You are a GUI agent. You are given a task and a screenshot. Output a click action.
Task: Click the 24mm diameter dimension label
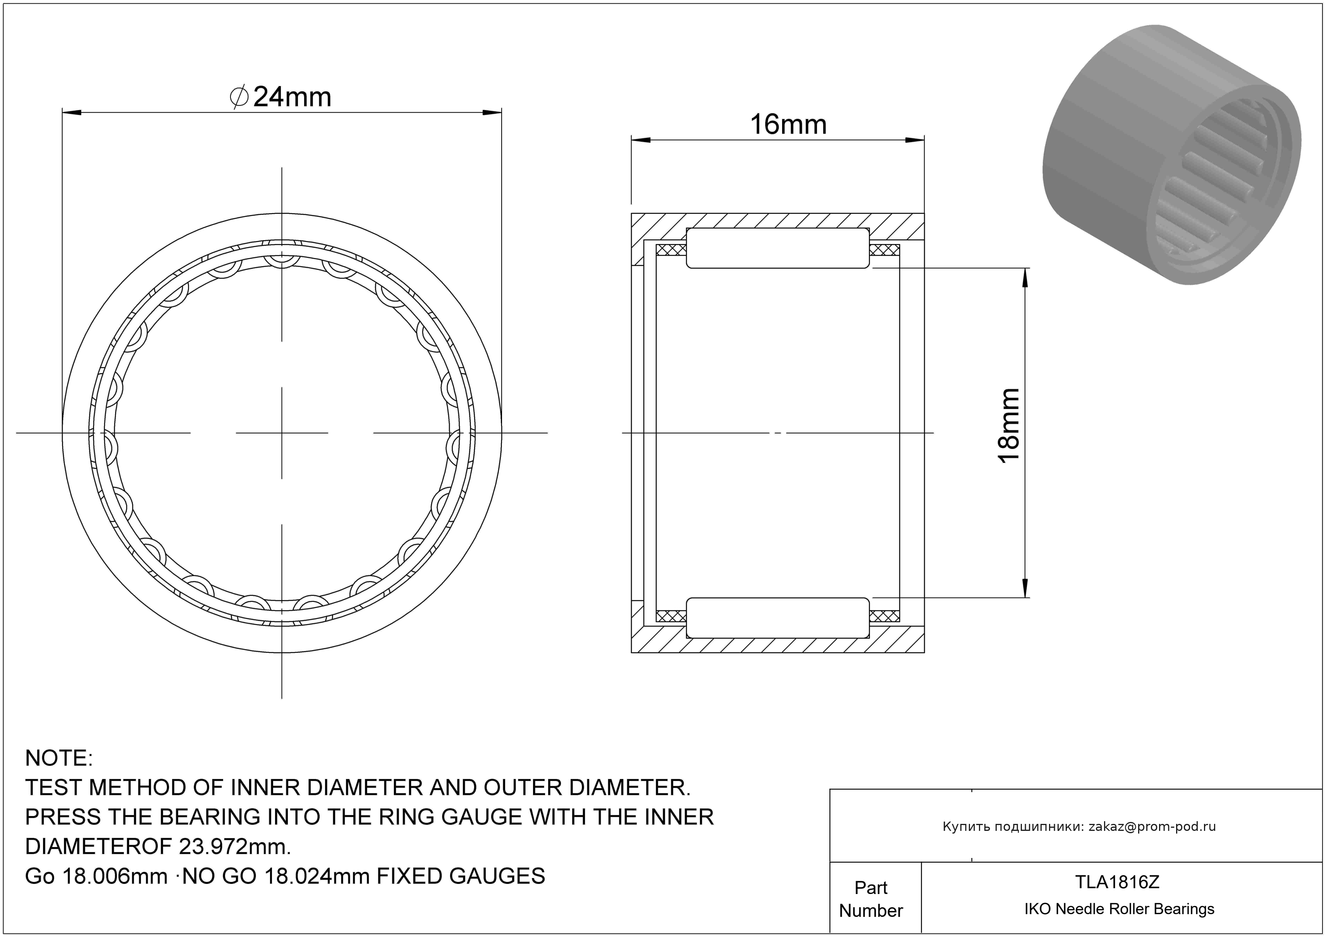(281, 97)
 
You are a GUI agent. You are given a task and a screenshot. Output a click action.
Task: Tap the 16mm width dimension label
(788, 125)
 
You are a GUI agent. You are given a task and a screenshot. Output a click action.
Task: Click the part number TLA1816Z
(1117, 882)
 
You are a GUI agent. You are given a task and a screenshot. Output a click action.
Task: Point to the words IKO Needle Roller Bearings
(1119, 909)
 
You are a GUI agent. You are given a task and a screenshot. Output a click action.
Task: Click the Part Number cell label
(871, 899)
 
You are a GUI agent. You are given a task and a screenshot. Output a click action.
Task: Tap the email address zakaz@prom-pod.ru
(1152, 827)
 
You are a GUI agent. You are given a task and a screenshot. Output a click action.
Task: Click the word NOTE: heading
(59, 758)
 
